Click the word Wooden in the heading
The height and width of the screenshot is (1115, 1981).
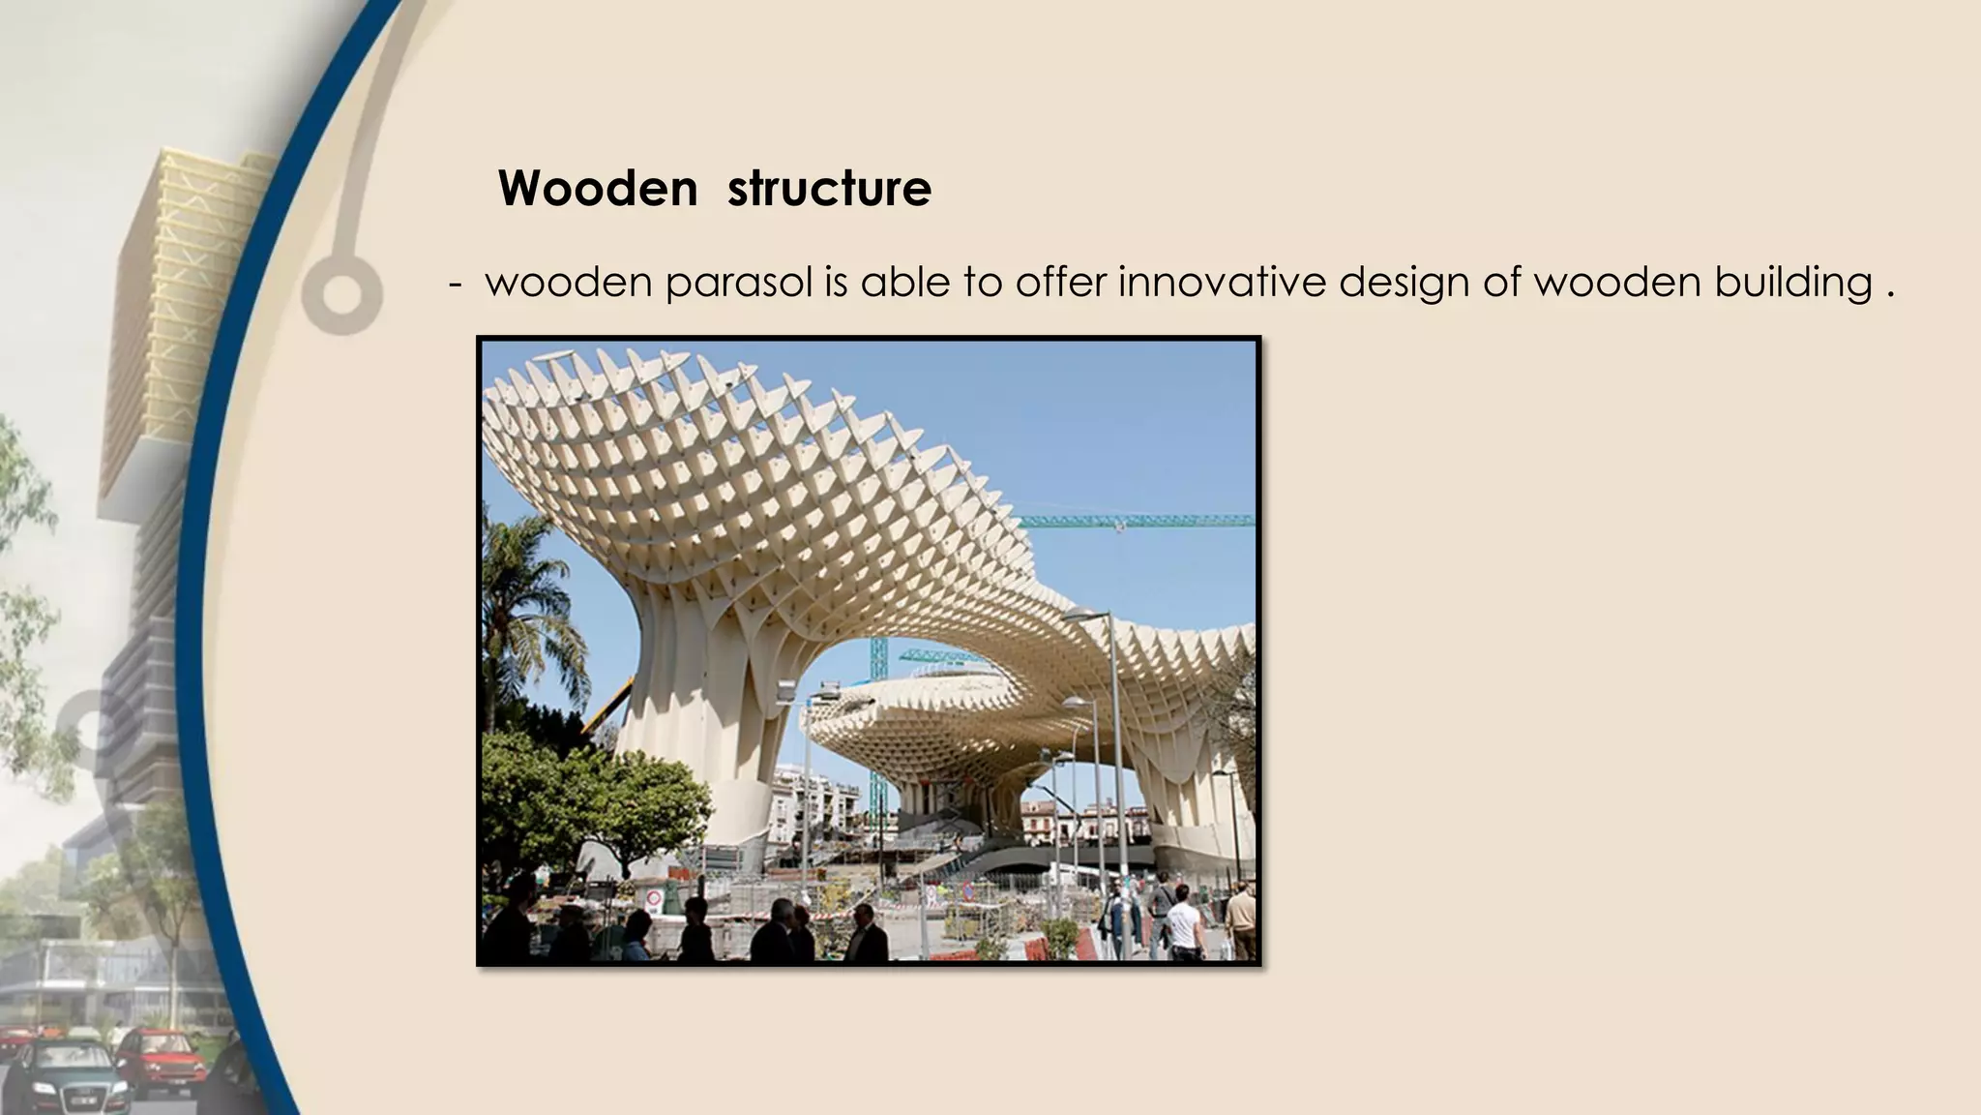point(597,188)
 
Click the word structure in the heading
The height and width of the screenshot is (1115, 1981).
point(829,188)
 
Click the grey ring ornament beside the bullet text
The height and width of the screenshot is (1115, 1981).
point(340,292)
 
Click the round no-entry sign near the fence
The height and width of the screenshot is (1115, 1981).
point(654,898)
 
